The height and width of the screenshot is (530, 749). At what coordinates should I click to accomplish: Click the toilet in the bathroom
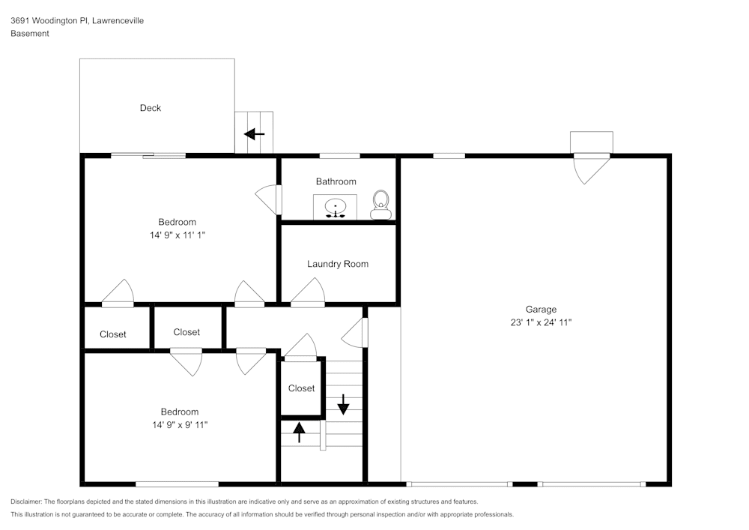[381, 204]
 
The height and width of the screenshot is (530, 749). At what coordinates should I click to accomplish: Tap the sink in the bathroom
[335, 206]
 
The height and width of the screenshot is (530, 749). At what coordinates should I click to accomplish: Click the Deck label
[151, 108]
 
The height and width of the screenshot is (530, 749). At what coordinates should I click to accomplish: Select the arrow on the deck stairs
[255, 135]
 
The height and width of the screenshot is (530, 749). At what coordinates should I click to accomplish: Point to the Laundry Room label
[337, 264]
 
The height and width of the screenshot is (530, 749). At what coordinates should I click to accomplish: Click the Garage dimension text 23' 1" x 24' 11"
[540, 322]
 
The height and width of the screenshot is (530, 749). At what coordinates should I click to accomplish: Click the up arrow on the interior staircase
[299, 432]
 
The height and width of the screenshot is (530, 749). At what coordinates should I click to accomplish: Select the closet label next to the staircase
[301, 388]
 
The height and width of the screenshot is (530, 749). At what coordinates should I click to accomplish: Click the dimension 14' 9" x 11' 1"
[178, 235]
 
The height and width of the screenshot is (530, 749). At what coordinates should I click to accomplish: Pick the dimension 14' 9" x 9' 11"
[179, 425]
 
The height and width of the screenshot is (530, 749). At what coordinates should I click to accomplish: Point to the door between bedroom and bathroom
[269, 199]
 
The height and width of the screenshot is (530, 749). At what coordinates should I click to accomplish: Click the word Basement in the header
[30, 34]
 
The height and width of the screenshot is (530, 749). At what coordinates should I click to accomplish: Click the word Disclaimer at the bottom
[26, 502]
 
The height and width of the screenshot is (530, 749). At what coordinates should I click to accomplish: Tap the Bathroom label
[336, 181]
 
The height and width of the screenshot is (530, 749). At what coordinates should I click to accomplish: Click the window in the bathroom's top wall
[339, 156]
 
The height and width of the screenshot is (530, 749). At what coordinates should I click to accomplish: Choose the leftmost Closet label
[113, 334]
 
